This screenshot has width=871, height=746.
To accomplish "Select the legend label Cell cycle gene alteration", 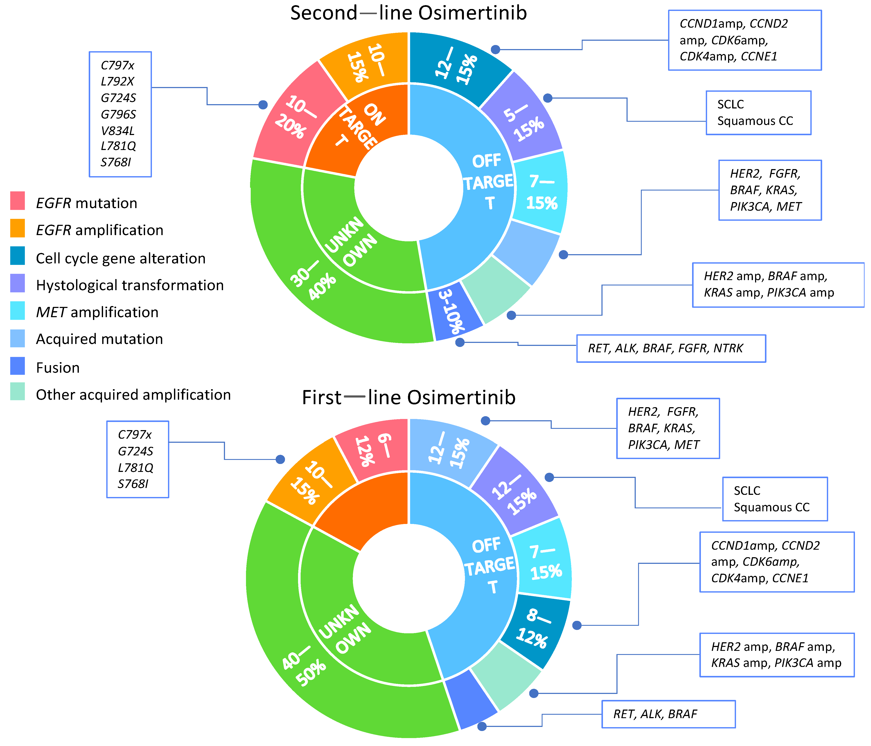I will coord(121,258).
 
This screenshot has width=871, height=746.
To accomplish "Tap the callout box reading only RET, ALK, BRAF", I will coord(668,714).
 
